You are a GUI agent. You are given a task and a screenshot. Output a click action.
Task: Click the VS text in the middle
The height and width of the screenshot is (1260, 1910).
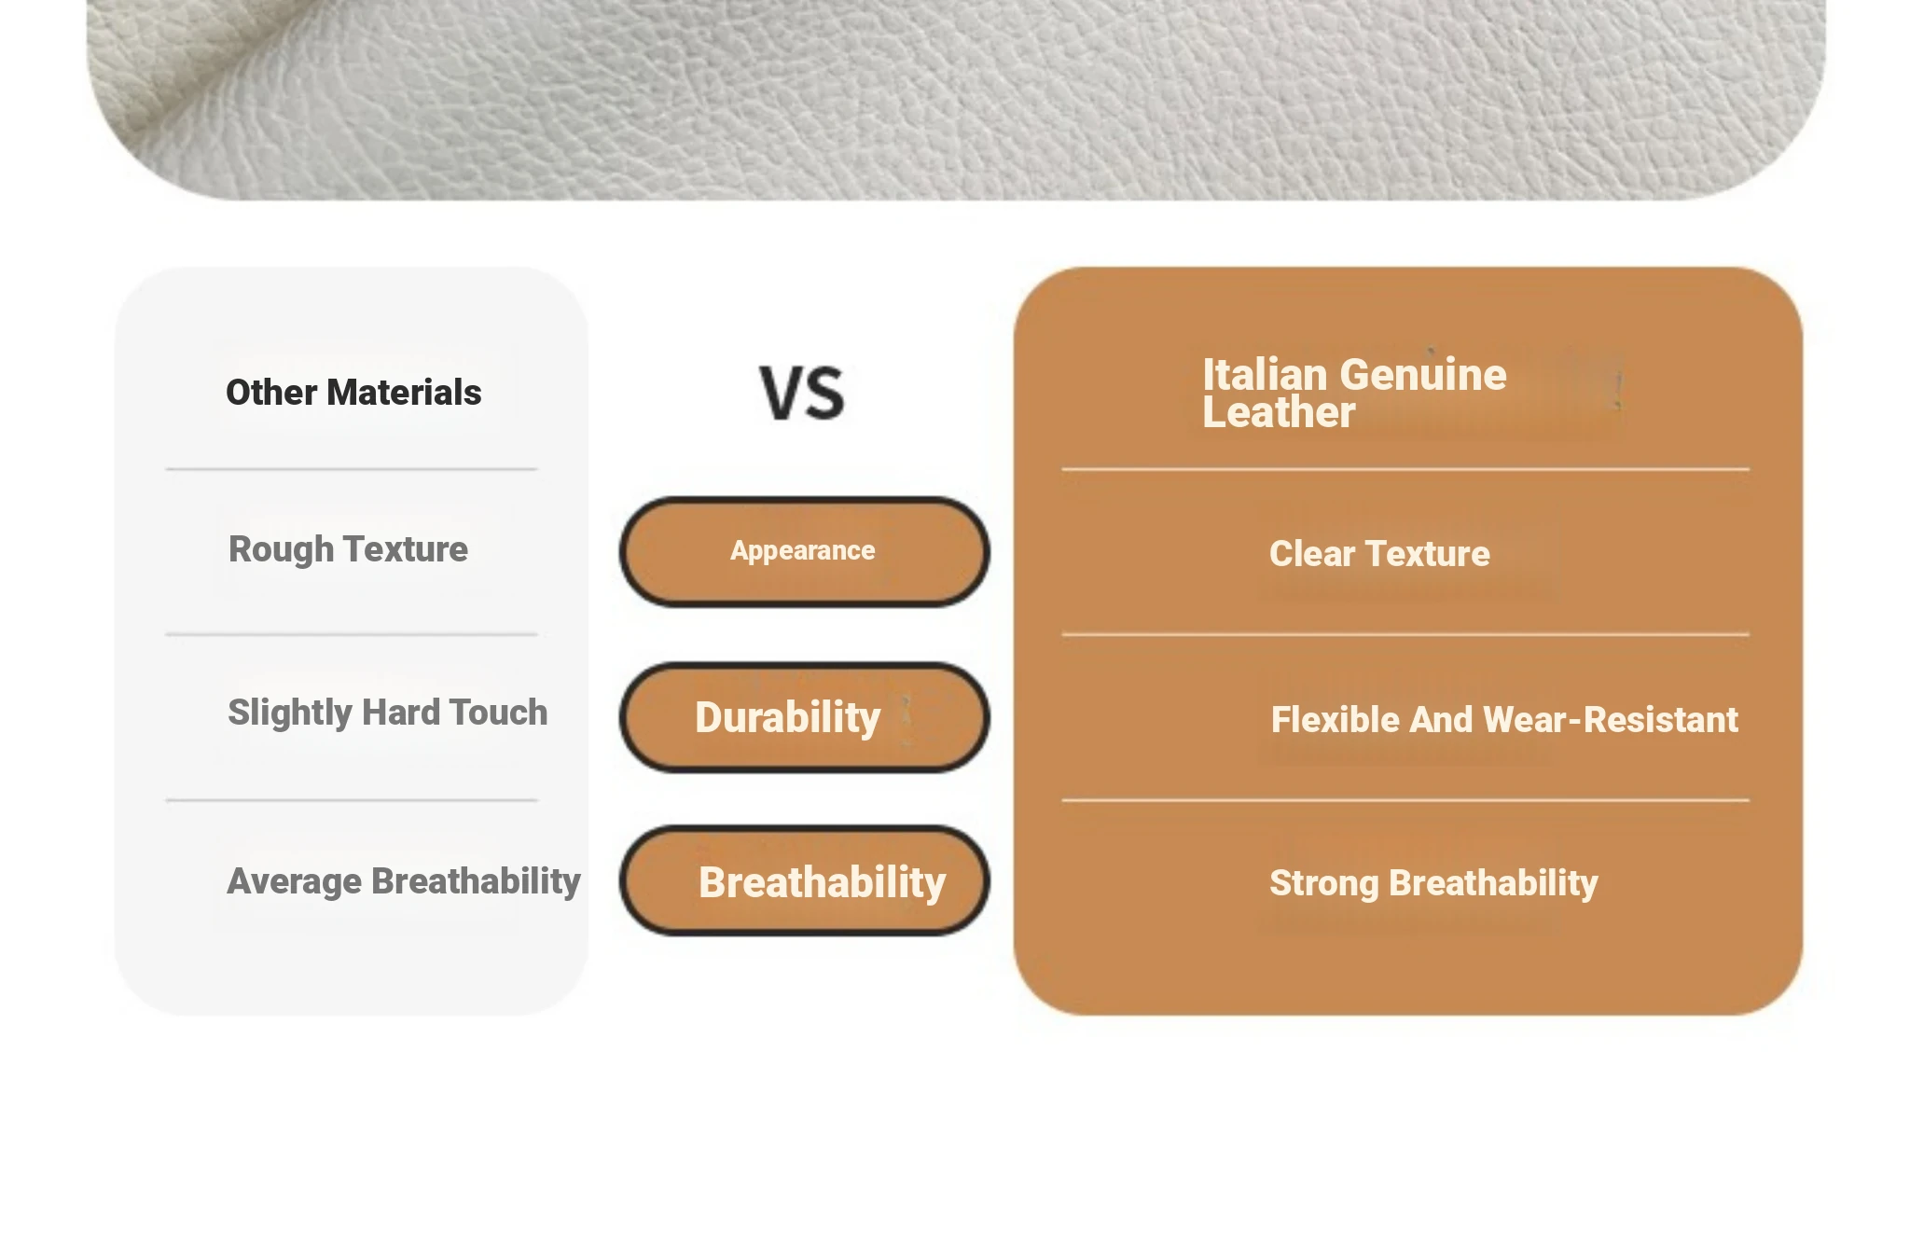coord(802,393)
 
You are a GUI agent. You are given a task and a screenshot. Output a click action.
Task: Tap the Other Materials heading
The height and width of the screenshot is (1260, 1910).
coord(353,393)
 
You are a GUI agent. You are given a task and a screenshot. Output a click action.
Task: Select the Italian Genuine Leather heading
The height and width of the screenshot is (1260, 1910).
coord(1354,393)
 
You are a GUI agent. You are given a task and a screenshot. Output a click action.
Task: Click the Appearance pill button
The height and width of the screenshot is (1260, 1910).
coord(804,551)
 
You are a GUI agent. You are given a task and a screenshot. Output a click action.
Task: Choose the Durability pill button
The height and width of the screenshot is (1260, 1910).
coord(804,717)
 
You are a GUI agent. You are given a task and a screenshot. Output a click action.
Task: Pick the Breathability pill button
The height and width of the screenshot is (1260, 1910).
coord(804,880)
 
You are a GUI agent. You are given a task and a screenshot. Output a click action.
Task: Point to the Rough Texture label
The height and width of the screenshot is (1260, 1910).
coord(348,549)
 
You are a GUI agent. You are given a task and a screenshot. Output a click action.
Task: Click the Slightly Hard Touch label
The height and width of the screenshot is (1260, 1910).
coord(387,713)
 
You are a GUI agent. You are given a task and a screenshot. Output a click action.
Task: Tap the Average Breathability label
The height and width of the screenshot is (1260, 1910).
coord(404,881)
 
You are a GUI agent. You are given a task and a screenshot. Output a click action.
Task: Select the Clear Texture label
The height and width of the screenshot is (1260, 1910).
coord(1379,553)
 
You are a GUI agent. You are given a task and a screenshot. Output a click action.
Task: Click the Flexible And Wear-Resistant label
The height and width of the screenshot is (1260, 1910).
coord(1504,719)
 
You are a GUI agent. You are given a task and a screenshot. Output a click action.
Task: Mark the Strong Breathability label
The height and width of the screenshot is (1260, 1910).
coord(1433,883)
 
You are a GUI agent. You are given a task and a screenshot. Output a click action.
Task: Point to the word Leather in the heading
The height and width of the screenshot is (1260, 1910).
coord(1279,412)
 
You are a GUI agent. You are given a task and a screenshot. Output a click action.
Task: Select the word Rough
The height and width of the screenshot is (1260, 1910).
coord(281,549)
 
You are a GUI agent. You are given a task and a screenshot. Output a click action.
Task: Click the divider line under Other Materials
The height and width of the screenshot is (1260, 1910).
coord(352,469)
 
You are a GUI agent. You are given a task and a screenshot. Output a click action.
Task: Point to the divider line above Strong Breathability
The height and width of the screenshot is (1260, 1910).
coord(1405,800)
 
